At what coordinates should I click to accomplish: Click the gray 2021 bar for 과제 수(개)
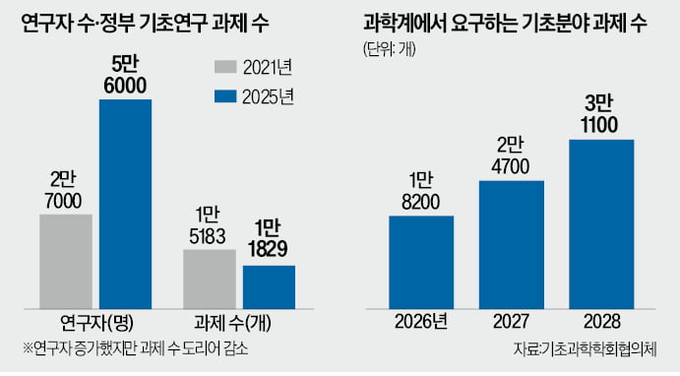210,277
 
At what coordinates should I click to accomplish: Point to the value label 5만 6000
124,76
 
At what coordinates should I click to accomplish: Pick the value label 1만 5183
210,225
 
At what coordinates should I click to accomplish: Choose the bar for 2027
511,242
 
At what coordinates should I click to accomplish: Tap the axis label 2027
511,323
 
